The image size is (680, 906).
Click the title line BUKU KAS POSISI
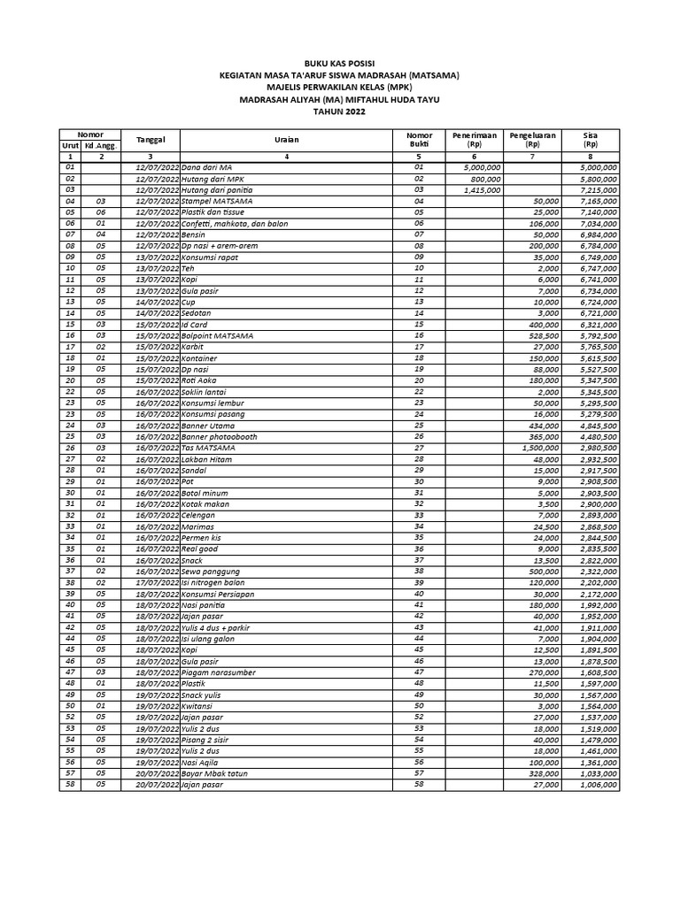[x=339, y=65]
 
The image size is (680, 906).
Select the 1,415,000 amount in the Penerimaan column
[x=482, y=189]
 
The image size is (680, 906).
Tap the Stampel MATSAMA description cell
[x=217, y=201]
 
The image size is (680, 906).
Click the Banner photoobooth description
[x=221, y=437]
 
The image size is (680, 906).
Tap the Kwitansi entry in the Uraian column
[x=199, y=707]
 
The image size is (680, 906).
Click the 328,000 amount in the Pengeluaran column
[x=540, y=772]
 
